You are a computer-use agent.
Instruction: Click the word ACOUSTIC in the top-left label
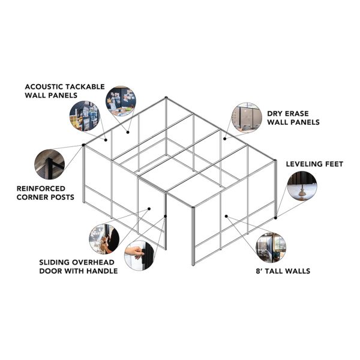[x=44, y=87]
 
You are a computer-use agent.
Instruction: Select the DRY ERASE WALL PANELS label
[x=293, y=118]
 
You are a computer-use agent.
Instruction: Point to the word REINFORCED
[x=41, y=189]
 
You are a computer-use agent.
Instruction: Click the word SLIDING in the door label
[x=54, y=262]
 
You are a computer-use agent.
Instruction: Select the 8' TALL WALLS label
[x=283, y=271]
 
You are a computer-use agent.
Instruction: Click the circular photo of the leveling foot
[x=302, y=186]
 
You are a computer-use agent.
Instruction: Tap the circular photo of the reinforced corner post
[x=49, y=164]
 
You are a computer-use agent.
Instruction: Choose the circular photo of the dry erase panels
[x=247, y=118]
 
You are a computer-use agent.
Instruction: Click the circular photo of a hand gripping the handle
[x=139, y=256]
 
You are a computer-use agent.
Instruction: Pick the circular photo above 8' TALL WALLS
[x=271, y=247]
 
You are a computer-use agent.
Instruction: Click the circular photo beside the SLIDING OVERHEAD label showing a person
[x=104, y=239]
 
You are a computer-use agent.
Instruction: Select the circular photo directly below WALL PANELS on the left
[x=85, y=116]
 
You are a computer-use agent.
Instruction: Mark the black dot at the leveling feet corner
[x=275, y=218]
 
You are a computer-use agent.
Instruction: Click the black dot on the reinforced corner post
[x=83, y=145]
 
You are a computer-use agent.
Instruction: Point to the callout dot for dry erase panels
[x=225, y=139]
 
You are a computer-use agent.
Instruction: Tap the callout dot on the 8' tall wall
[x=226, y=216]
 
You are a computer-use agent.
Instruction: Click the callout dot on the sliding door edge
[x=166, y=216]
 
